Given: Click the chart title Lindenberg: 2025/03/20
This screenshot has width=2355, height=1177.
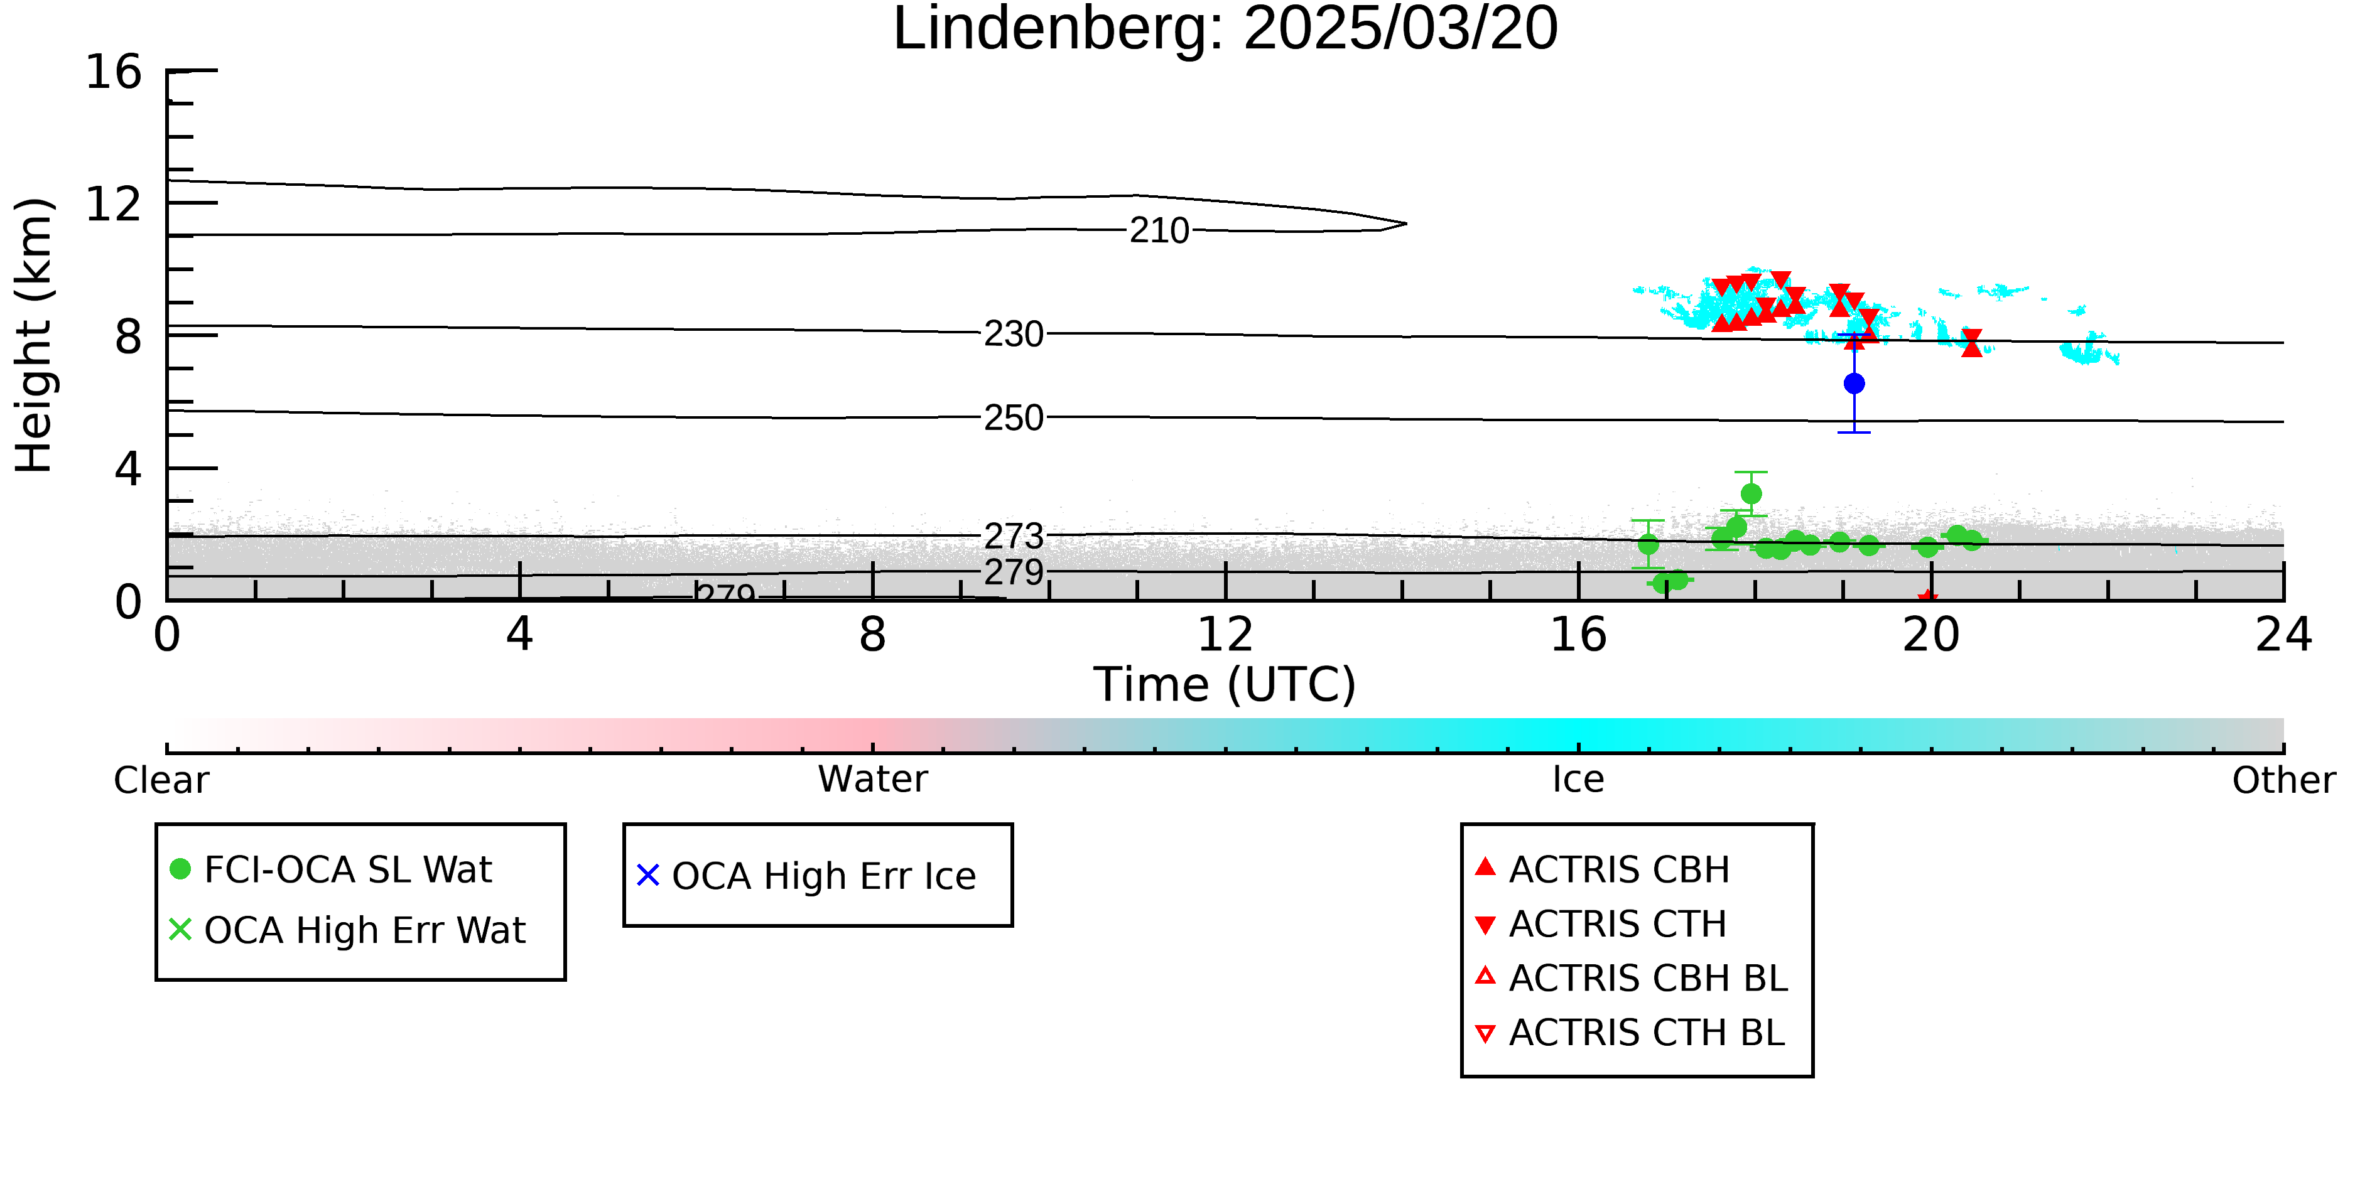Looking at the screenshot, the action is [1225, 30].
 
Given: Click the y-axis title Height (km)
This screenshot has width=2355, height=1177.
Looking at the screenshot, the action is [34, 335].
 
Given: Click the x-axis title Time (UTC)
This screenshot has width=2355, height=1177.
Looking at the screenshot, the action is [1225, 684].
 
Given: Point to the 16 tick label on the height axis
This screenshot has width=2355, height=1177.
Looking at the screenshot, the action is [114, 72].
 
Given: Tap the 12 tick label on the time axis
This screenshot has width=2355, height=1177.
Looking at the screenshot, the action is [1225, 634].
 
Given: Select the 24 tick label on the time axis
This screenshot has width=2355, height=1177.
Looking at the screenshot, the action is [2283, 634].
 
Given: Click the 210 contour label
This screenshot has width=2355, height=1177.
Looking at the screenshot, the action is [1159, 230].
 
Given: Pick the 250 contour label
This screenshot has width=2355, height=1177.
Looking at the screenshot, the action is [1013, 417].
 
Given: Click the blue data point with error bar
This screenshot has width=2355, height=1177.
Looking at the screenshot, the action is [1854, 384].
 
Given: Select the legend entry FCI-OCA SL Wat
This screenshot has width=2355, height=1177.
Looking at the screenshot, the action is [331, 869].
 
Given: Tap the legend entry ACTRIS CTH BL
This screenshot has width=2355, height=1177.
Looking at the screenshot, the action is [1630, 1033].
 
